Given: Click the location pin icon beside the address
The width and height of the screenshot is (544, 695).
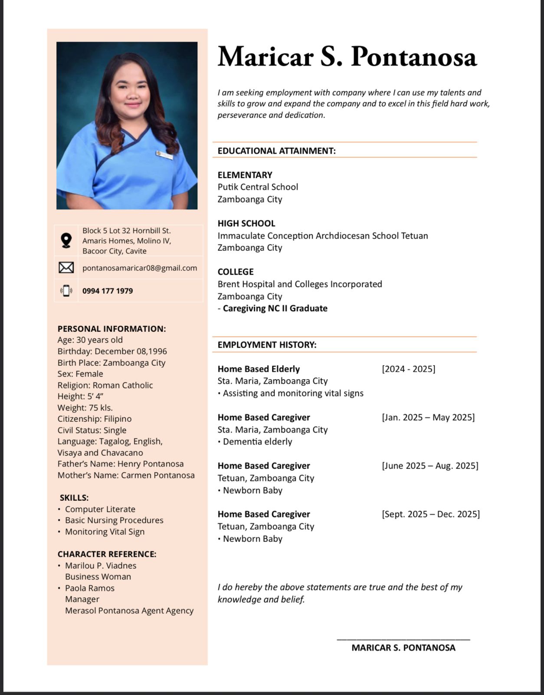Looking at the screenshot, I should coord(66,240).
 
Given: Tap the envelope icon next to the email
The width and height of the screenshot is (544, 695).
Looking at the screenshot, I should coord(66,268).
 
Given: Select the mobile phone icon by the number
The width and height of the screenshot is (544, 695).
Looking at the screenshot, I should coord(66,291).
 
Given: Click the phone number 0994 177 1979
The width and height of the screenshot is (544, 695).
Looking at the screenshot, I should coord(108,291).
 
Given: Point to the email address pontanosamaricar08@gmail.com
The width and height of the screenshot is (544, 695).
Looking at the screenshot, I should coord(140,268).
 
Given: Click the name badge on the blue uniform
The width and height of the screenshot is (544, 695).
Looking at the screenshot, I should coord(165,155).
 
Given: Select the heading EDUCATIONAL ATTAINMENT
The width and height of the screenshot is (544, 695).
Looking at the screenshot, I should coord(276,151).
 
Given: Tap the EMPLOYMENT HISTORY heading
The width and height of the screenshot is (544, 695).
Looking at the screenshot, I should coord(267,345).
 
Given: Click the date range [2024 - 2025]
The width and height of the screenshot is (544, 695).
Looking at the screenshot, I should coord(408,369).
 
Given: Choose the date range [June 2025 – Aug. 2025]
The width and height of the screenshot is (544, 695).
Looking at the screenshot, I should coord(430,466).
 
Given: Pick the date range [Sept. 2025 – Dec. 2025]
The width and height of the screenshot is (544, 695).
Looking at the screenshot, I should coord(431,514).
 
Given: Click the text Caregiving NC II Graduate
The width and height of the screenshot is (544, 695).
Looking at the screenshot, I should coord(275,308).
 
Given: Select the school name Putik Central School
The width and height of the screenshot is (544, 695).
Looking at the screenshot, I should coord(258,187).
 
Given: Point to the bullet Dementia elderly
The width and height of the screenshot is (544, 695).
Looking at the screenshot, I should coord(257,442).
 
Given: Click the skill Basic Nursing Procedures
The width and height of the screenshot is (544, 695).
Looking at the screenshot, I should coord(114,520).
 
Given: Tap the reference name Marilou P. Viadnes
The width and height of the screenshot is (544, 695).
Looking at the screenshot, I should coord(101,566).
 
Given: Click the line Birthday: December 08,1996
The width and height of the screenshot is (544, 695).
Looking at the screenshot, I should coord(112,351).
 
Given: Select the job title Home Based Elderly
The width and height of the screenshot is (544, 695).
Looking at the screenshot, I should coord(259,369).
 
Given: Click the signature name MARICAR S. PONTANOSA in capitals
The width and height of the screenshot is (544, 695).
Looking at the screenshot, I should coord(403,648).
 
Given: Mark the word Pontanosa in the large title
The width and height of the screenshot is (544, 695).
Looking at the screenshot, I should coord(414,57).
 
